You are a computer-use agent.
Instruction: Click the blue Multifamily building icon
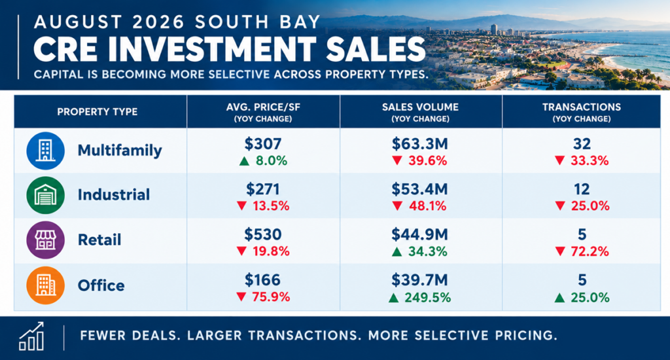pyautogui.click(x=45, y=151)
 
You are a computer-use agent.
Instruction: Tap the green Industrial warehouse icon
pyautogui.click(x=45, y=196)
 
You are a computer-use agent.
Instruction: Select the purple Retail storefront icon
pyautogui.click(x=45, y=240)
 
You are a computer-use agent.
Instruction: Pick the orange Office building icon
pyautogui.click(x=45, y=285)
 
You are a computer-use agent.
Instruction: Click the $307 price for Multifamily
pyautogui.click(x=263, y=144)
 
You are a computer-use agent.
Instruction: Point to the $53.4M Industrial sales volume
pyautogui.click(x=419, y=189)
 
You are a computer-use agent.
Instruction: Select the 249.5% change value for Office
pyautogui.click(x=428, y=298)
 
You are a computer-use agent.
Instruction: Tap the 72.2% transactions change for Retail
pyautogui.click(x=590, y=251)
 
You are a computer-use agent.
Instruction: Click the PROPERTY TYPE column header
pyautogui.click(x=97, y=112)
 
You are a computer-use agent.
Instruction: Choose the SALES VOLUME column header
pyautogui.click(x=421, y=107)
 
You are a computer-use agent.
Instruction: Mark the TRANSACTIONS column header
pyautogui.click(x=582, y=107)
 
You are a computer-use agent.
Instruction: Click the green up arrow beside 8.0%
pyautogui.click(x=244, y=161)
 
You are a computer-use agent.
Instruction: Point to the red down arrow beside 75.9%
pyautogui.click(x=241, y=297)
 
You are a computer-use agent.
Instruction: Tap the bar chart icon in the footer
pyautogui.click(x=31, y=336)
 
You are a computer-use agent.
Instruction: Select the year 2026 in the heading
pyautogui.click(x=158, y=22)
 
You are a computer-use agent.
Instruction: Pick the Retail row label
pyautogui.click(x=99, y=240)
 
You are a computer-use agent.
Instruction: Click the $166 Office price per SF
pyautogui.click(x=262, y=280)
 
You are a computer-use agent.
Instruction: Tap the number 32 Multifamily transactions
pyautogui.click(x=582, y=144)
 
